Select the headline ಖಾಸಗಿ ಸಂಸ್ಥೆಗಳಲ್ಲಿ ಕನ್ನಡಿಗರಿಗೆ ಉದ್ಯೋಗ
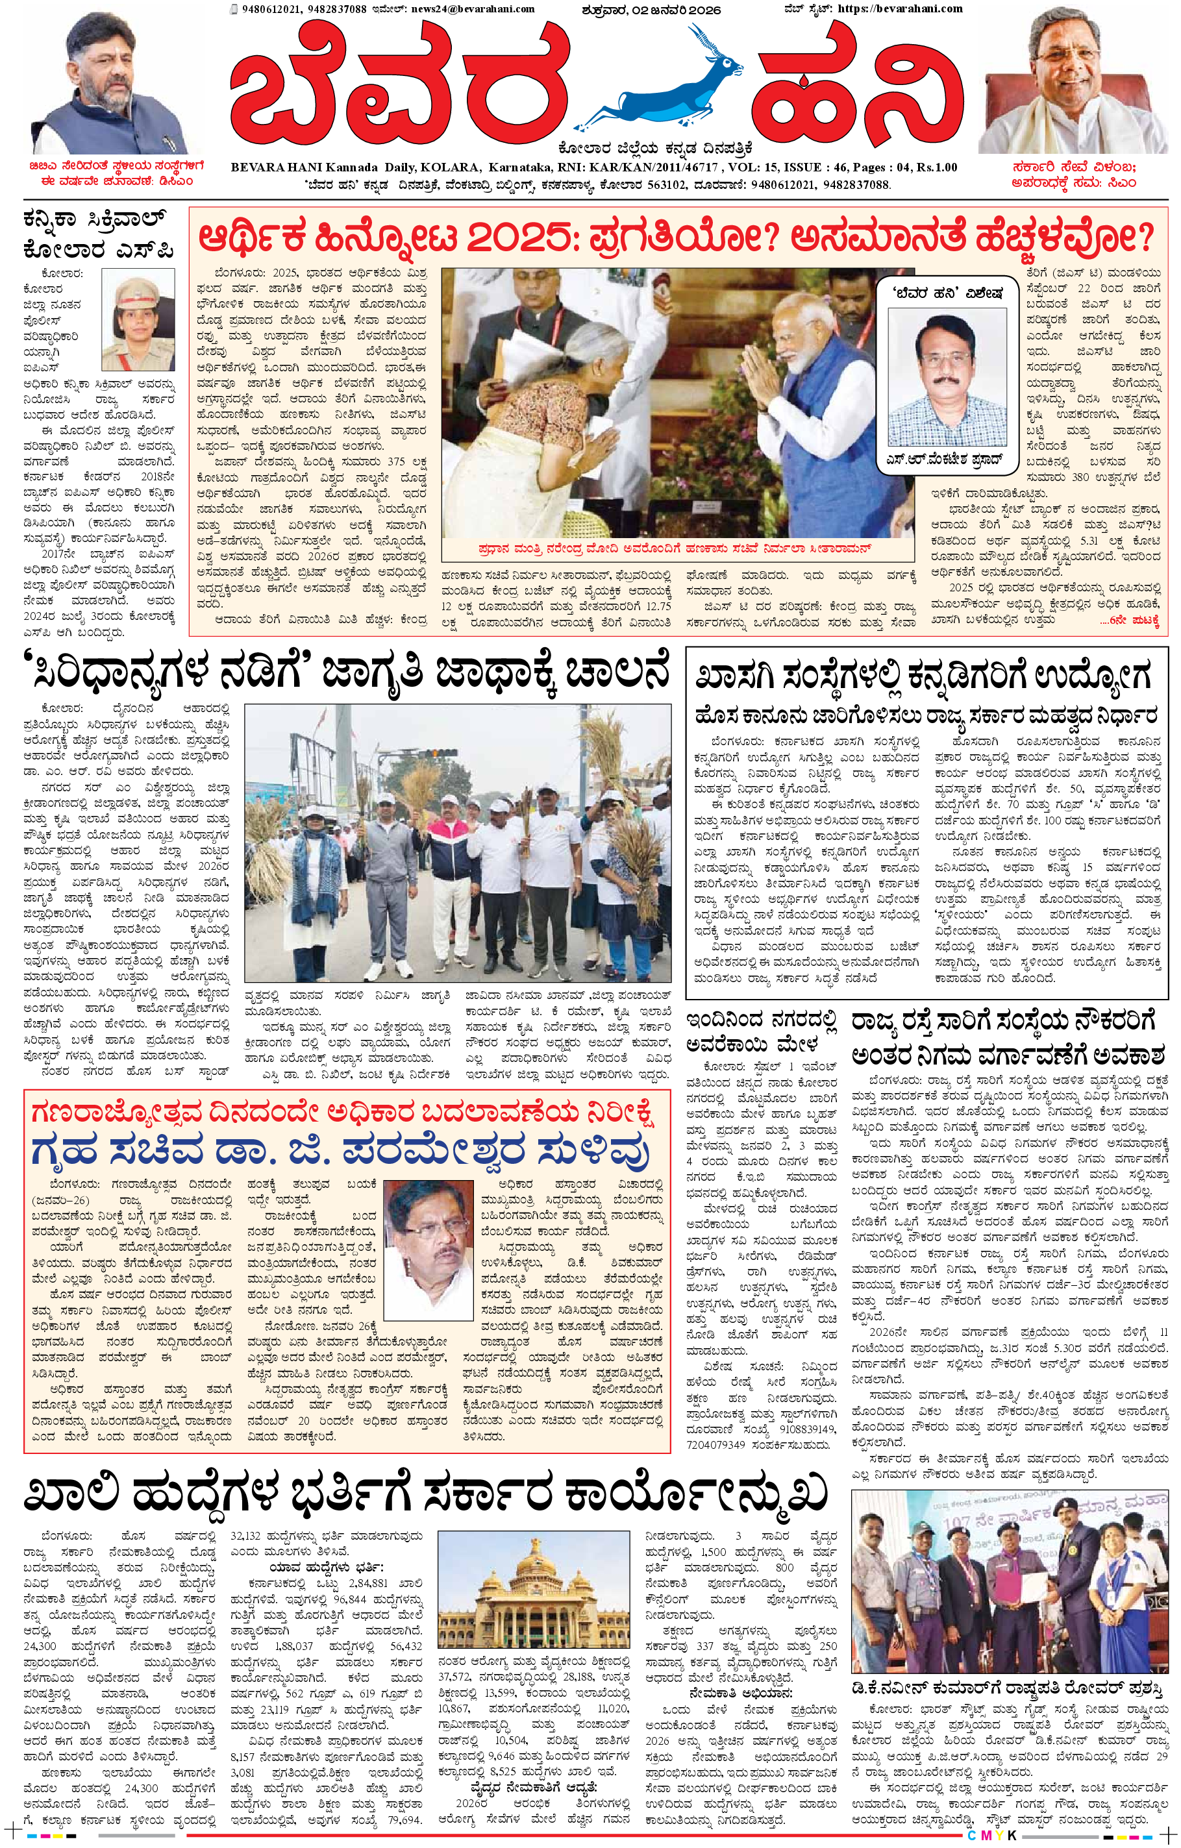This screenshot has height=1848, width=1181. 925,678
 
